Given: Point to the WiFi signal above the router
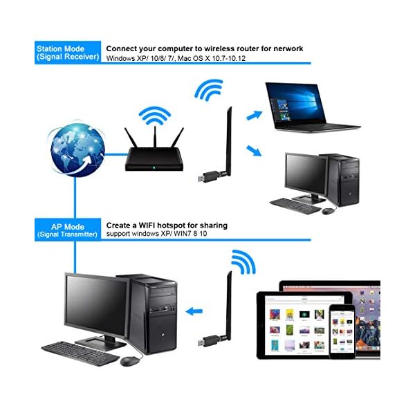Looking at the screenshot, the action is tap(154, 115).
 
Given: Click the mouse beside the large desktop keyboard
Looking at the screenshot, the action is tap(129, 360).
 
